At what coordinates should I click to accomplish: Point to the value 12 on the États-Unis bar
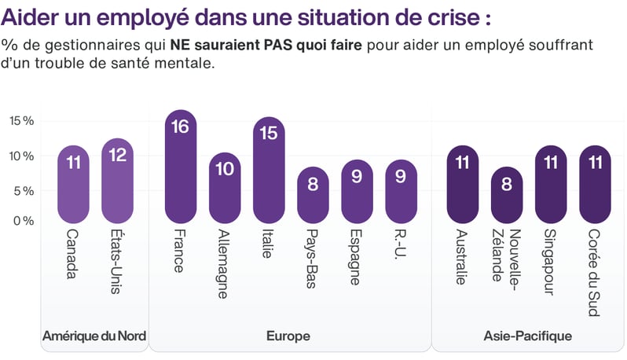(118, 155)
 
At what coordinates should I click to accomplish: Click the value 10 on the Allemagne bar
(224, 169)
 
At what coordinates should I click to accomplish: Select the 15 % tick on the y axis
(21, 121)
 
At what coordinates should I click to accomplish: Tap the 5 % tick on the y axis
(21, 191)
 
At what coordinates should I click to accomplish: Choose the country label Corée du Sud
(595, 272)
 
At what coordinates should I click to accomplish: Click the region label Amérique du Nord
(93, 336)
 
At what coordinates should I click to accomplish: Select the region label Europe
(288, 336)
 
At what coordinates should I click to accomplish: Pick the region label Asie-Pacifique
(527, 336)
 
